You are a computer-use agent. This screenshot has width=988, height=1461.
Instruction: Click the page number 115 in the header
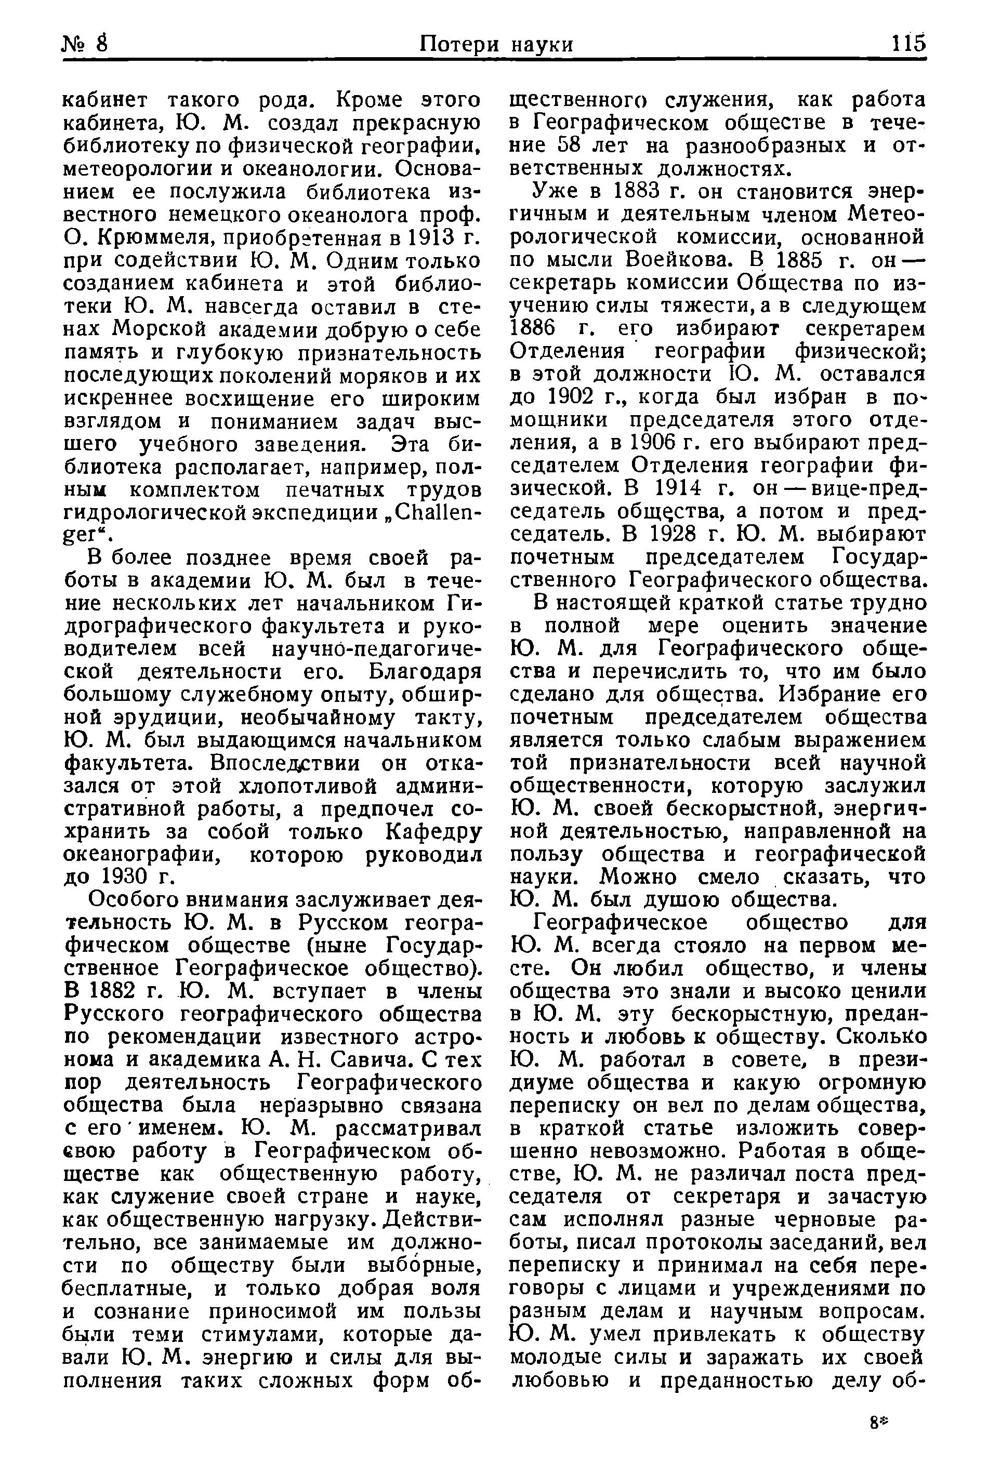click(x=908, y=44)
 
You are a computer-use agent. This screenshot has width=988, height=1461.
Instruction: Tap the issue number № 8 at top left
click(x=86, y=44)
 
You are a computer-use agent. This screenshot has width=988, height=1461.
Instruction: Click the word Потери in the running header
click(x=459, y=44)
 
